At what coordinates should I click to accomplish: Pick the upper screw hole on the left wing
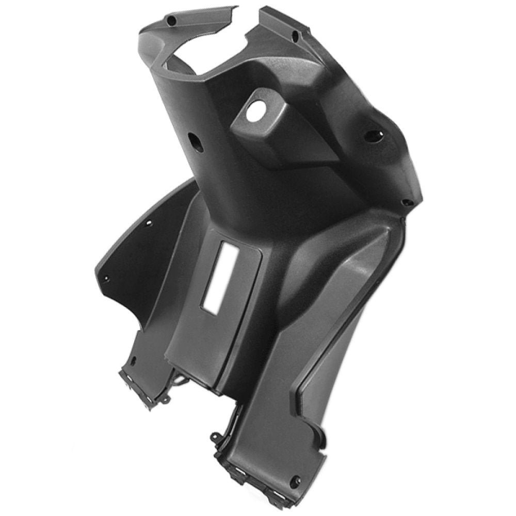pyautogui.click(x=150, y=223)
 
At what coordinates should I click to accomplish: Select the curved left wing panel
pyautogui.click(x=129, y=258)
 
